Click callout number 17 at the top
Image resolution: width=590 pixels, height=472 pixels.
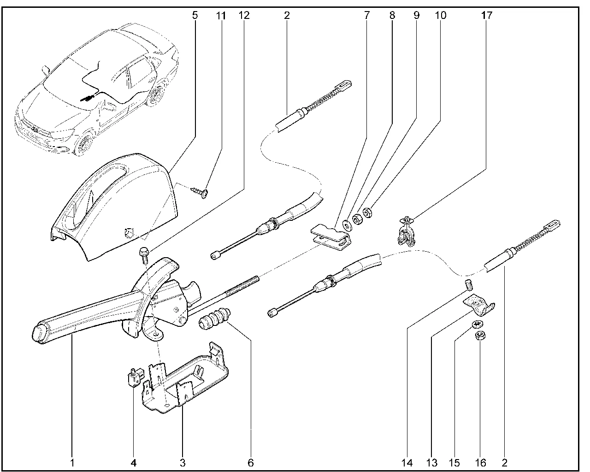[x=487, y=15]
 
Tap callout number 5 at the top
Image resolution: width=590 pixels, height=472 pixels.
[x=195, y=15]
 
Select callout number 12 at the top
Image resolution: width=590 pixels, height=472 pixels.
[x=244, y=15]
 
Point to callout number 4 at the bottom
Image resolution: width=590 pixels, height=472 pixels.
[x=134, y=462]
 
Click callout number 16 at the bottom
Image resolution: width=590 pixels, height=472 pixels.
[x=481, y=462]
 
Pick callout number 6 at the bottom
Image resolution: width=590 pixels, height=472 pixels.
[x=250, y=462]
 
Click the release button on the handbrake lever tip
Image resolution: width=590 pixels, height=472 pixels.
[x=39, y=334]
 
